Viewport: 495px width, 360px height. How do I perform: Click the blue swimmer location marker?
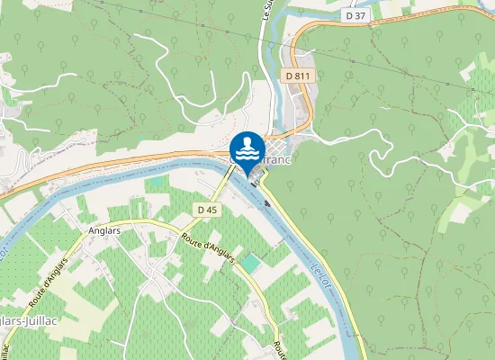pos(247,148)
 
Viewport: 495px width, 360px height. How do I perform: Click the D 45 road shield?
pos(207,210)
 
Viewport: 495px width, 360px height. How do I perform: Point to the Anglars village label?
pos(107,229)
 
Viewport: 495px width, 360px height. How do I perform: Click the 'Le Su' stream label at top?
pos(266,19)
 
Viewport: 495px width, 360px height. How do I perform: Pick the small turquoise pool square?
pos(249,262)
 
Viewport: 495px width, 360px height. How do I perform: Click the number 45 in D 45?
pos(211,210)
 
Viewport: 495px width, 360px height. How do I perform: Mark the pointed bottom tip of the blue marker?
pos(247,171)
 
